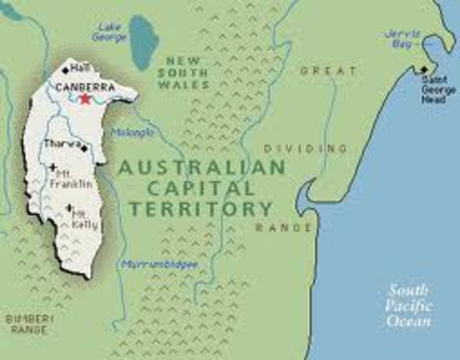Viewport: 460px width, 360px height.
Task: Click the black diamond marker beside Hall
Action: tap(65, 70)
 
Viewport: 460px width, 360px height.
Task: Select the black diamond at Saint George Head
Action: tap(424, 70)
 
